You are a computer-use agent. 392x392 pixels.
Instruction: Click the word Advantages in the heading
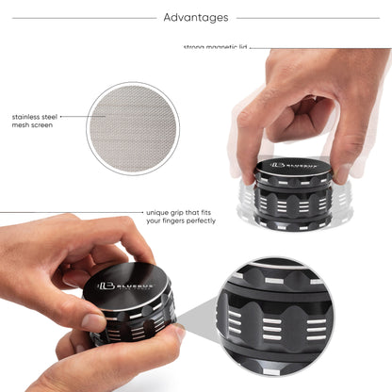pyautogui.click(x=195, y=17)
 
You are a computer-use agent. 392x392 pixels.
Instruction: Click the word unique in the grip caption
pyautogui.click(x=159, y=212)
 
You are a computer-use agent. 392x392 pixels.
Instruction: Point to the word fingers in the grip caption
pyautogui.click(x=171, y=221)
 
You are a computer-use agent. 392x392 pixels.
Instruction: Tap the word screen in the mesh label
pyautogui.click(x=45, y=126)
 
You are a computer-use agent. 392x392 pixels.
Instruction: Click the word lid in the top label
pyautogui.click(x=243, y=47)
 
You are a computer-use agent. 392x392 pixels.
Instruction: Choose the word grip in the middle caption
pyautogui.click(x=181, y=212)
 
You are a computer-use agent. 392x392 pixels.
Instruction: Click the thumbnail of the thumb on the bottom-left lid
pyautogui.click(x=95, y=321)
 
